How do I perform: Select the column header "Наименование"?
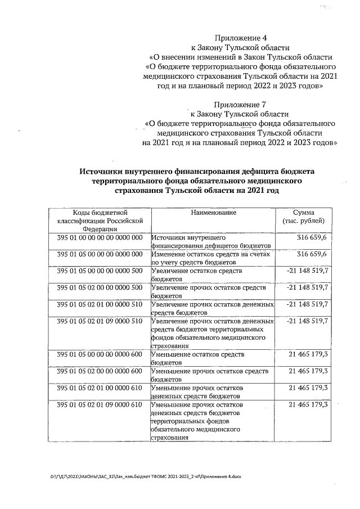(213, 213)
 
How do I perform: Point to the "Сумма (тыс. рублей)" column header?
(307, 217)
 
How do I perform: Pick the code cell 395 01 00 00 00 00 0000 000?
(100, 238)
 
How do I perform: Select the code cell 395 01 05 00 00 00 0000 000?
(100, 255)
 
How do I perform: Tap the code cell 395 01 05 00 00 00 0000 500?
(100, 271)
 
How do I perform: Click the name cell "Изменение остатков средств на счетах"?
(211, 258)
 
